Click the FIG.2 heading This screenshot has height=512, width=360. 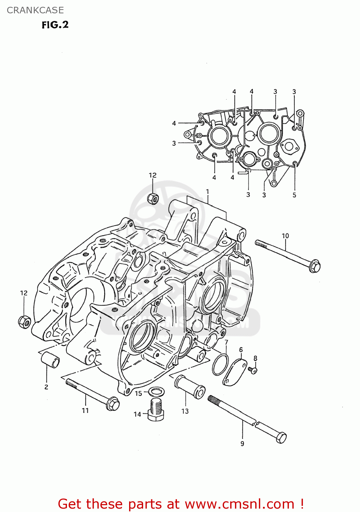pos(55,25)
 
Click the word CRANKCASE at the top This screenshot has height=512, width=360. pos(35,10)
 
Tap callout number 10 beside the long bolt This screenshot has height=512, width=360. pos(285,236)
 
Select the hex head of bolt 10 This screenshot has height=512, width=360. pos(315,266)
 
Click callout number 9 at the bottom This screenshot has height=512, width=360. pos(242,443)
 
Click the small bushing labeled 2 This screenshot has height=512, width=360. pos(50,360)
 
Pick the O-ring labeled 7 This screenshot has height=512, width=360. pos(220,364)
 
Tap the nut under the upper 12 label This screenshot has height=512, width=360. pos(153,198)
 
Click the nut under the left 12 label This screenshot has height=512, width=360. pos(24,321)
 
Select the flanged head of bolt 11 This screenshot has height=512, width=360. pos(113,404)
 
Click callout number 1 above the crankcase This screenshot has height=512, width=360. pos(207,191)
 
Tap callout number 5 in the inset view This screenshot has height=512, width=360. pos(294,195)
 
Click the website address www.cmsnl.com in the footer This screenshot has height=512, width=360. pos(239,504)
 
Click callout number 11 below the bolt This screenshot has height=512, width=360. pos(85,411)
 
